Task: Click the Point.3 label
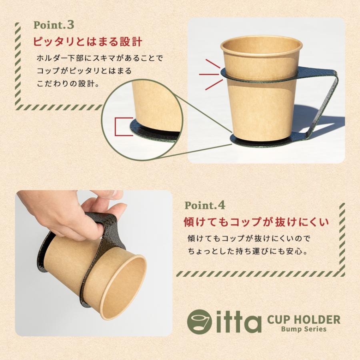(x=54, y=25)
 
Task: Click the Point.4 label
(x=205, y=206)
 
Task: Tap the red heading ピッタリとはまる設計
(x=87, y=42)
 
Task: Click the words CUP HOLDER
(x=303, y=320)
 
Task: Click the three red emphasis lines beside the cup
(x=210, y=74)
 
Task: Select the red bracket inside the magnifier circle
(x=121, y=126)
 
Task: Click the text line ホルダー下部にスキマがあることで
(x=100, y=58)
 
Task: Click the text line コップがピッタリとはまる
(x=84, y=71)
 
